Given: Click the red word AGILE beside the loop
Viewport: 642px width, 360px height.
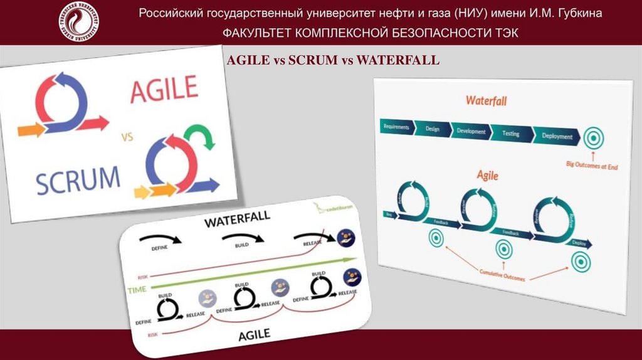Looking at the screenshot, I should click(x=164, y=90).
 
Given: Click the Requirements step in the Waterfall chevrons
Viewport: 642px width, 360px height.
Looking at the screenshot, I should click(x=397, y=127).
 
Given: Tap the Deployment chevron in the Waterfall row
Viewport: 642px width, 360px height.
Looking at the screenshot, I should click(x=556, y=136).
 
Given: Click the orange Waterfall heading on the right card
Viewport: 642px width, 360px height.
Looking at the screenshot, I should click(x=487, y=100).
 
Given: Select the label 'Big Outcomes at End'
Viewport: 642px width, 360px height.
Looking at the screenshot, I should click(x=592, y=167).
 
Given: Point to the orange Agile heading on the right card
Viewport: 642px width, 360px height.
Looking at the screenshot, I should click(x=487, y=175).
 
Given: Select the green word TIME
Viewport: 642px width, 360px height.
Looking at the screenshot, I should click(x=137, y=290).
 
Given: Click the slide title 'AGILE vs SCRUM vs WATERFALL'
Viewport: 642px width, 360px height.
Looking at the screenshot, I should click(x=333, y=60).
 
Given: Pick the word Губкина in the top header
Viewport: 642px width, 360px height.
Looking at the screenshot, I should click(x=573, y=13).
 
